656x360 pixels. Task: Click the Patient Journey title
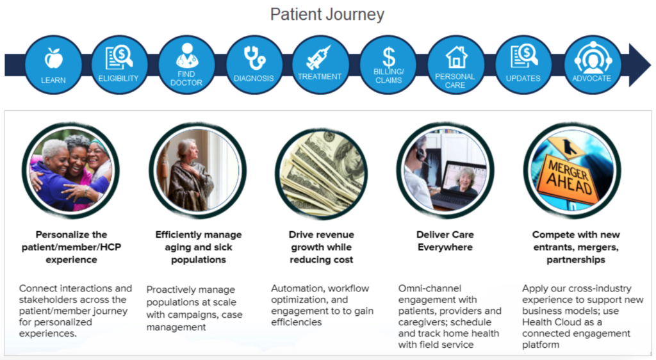(327, 14)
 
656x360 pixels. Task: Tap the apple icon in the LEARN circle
(54, 58)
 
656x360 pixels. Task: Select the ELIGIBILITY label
(119, 78)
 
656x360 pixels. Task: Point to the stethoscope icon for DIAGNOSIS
(254, 58)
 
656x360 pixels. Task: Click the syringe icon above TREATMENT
(318, 58)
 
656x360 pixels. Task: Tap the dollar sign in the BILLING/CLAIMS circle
(389, 57)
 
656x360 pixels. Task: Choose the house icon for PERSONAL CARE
(456, 57)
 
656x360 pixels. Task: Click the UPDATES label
(523, 78)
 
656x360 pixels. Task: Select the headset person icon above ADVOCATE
(593, 57)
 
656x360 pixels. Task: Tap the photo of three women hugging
(70, 170)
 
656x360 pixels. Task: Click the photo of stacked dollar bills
(322, 173)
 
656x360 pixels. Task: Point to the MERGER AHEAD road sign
(571, 176)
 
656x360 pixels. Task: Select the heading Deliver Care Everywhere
(445, 241)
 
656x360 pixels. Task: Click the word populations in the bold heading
(199, 259)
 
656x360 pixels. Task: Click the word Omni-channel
(430, 288)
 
